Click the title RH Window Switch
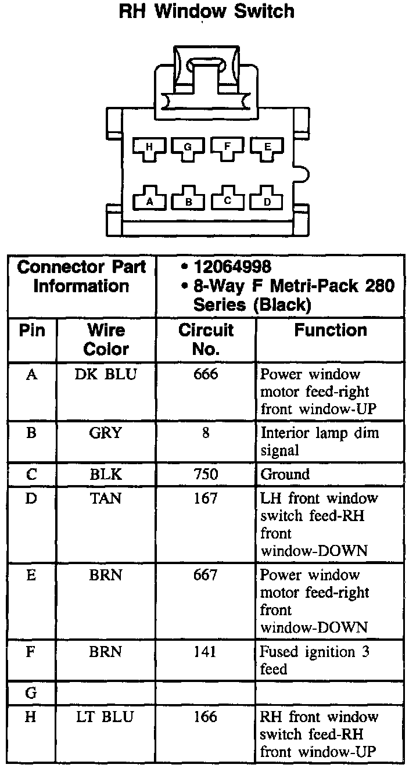[x=206, y=11]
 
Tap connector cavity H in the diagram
[x=149, y=148]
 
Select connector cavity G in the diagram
[x=188, y=148]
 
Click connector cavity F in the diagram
[x=227, y=148]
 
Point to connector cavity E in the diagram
[x=267, y=148]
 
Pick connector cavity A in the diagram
[x=149, y=200]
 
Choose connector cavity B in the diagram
[x=188, y=200]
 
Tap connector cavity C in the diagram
[x=227, y=200]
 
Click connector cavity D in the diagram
[x=267, y=200]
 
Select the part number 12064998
[x=232, y=267]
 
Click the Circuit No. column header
[x=205, y=339]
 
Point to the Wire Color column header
[x=106, y=339]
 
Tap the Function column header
[x=330, y=331]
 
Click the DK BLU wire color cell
[x=106, y=375]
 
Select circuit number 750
[x=206, y=475]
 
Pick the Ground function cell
[x=285, y=475]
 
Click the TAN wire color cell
[x=106, y=498]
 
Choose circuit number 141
[x=206, y=652]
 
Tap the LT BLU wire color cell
[x=105, y=717]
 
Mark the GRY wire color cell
[x=106, y=433]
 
